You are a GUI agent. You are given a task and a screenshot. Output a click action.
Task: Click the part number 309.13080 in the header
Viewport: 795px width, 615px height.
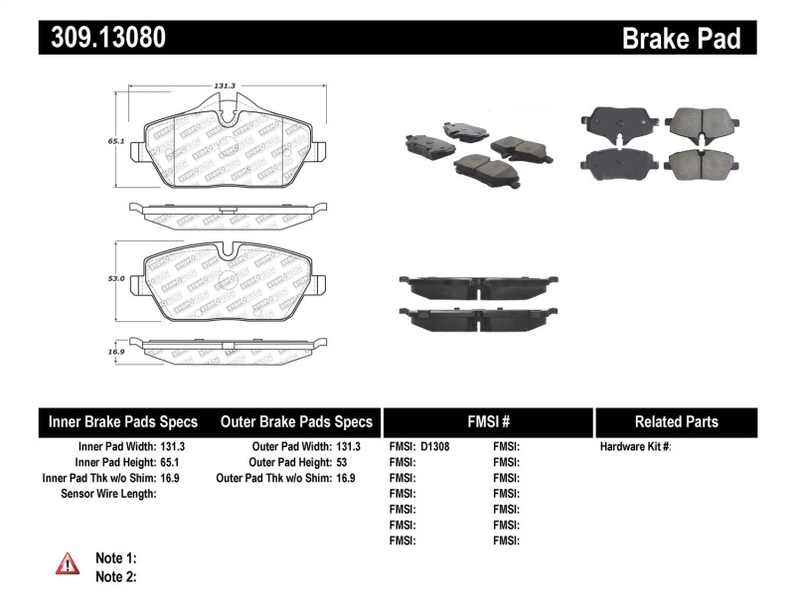(x=102, y=38)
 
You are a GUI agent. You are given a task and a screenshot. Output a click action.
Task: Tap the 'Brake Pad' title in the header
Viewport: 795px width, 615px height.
(x=681, y=39)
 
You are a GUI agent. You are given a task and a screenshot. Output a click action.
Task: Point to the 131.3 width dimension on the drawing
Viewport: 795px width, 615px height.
(x=224, y=85)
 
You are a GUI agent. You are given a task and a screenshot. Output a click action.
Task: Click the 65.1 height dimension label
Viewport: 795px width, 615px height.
(x=115, y=142)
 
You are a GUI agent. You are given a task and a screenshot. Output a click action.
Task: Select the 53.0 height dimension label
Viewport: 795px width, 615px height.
(x=115, y=279)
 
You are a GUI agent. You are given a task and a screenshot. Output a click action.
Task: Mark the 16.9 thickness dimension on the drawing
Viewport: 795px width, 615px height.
(x=115, y=351)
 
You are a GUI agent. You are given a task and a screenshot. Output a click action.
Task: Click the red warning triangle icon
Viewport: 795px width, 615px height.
(x=67, y=564)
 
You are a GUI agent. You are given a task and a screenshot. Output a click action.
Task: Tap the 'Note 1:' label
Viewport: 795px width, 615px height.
(x=115, y=558)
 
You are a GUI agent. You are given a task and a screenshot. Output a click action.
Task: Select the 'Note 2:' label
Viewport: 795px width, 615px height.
(x=115, y=576)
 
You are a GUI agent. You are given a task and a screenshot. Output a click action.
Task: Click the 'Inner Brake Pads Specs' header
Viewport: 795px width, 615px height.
(x=123, y=422)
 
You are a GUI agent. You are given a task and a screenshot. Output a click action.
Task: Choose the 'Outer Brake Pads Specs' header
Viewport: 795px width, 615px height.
(x=296, y=422)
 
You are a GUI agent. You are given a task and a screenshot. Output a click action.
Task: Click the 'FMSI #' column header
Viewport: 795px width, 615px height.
(x=486, y=422)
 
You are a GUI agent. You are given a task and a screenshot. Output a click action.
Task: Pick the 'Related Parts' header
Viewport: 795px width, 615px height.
(x=676, y=422)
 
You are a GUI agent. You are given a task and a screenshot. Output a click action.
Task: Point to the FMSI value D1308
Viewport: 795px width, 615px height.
(x=435, y=447)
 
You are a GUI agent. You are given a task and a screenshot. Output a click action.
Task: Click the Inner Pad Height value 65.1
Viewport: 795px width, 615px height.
(x=173, y=463)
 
